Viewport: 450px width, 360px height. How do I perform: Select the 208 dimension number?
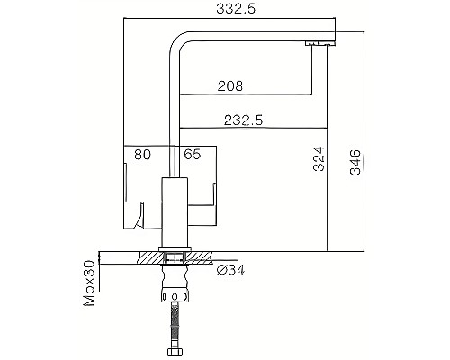coord(231,86)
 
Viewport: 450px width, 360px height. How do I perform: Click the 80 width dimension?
coord(142,154)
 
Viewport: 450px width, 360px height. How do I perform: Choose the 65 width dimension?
coord(192,154)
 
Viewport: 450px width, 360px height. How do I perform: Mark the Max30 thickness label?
coord(89,283)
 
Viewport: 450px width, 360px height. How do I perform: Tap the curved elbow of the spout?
coord(181,40)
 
